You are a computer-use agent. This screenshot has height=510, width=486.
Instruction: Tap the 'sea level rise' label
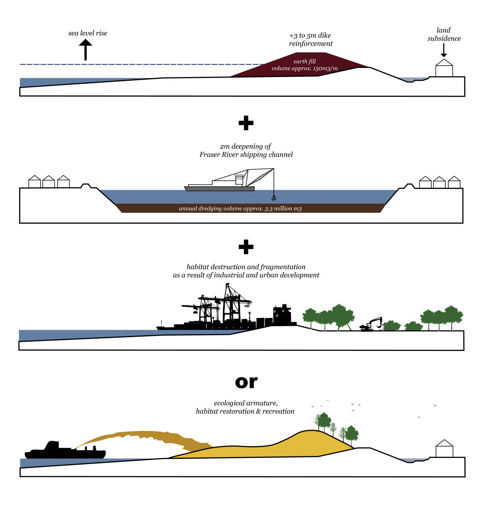pos(88,33)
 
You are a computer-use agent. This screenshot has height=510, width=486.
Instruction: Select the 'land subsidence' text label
pos(444,34)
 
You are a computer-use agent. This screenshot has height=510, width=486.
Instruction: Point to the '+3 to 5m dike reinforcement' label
pos(310,40)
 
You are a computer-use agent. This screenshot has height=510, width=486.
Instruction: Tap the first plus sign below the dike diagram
pos(246,123)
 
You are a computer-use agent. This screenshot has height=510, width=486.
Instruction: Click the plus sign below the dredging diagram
pos(246,247)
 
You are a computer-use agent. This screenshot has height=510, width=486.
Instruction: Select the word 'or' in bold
pos(246,382)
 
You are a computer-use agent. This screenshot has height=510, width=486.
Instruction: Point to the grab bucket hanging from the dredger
pos(273,198)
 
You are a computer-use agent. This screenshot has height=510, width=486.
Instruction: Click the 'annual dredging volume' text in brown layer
pos(240,208)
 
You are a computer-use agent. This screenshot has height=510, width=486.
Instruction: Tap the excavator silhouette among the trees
pos(371,324)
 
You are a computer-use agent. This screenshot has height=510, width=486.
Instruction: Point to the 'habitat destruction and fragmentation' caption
pos(246,267)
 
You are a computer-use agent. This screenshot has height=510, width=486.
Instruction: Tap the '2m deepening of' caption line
pos(246,146)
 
